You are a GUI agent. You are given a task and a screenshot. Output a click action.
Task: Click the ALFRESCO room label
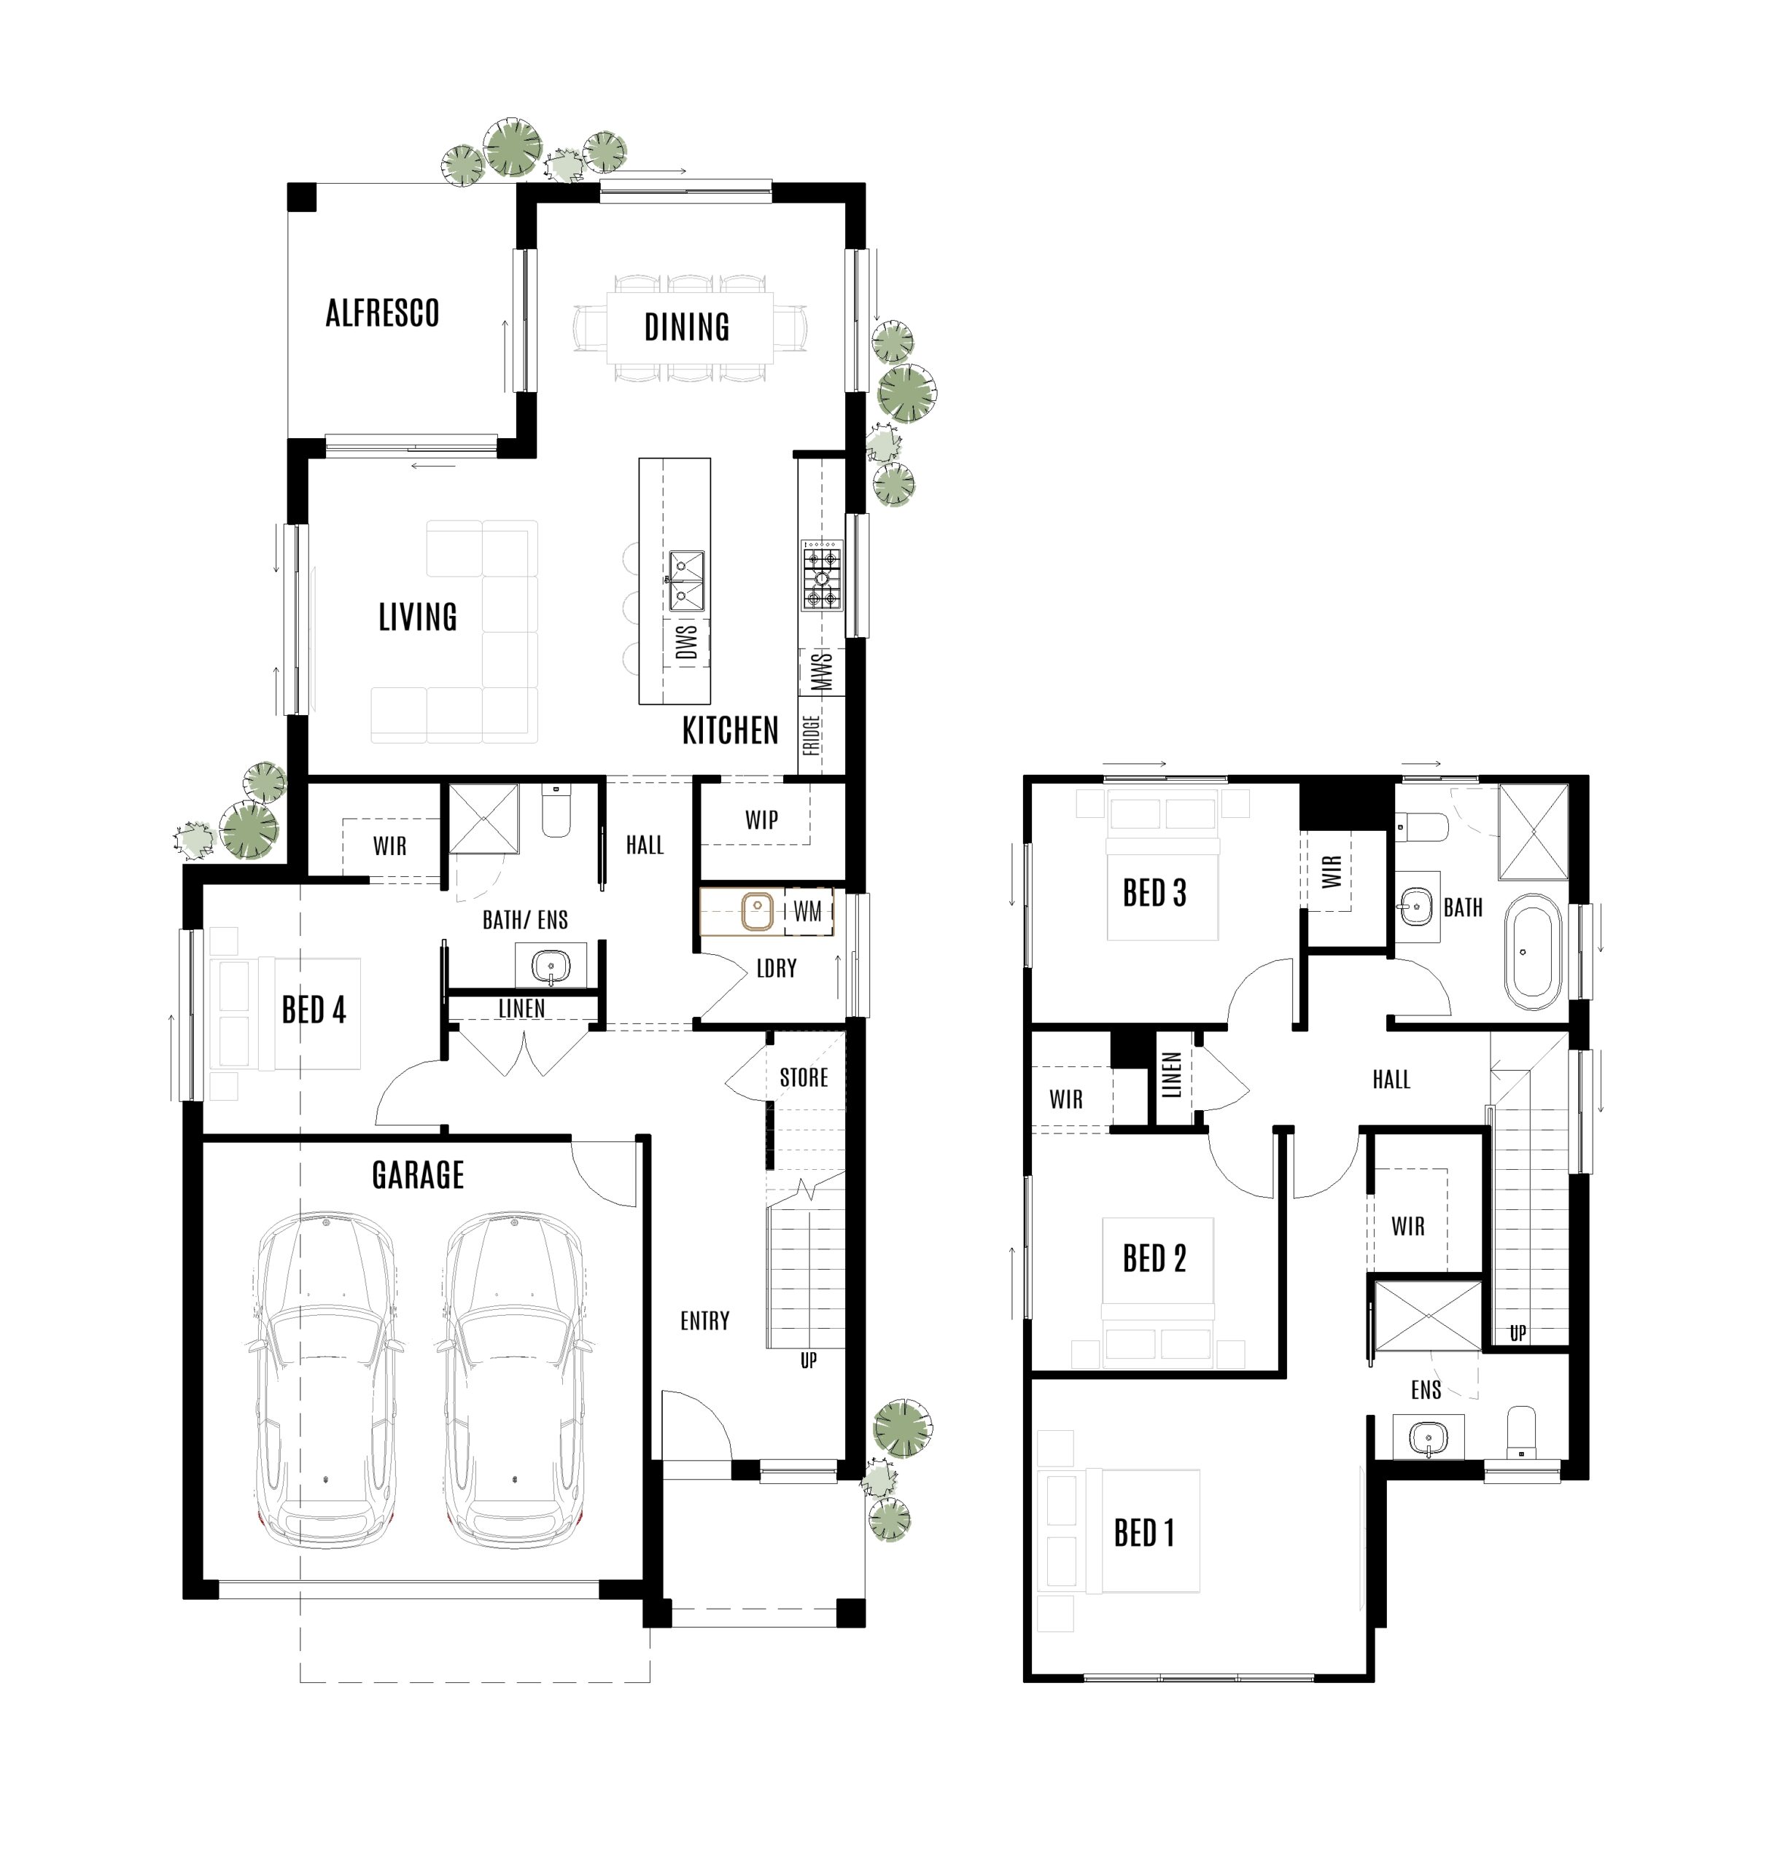pyautogui.click(x=383, y=313)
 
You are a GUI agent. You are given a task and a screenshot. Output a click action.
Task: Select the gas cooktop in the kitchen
pyautogui.click(x=821, y=576)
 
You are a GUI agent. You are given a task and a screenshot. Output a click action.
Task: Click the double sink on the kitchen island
pyautogui.click(x=687, y=582)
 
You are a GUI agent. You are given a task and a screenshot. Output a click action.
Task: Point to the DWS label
pyautogui.click(x=687, y=642)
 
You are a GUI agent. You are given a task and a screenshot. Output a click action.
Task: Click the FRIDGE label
pyautogui.click(x=810, y=735)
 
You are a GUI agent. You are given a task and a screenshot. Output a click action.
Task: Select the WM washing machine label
pyautogui.click(x=807, y=911)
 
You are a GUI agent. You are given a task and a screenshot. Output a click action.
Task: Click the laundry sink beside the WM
pyautogui.click(x=757, y=912)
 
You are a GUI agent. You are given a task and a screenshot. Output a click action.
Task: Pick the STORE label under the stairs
pyautogui.click(x=803, y=1077)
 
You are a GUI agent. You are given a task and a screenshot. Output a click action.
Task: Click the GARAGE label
pyautogui.click(x=418, y=1176)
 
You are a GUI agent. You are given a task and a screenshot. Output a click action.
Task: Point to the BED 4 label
pyautogui.click(x=314, y=1010)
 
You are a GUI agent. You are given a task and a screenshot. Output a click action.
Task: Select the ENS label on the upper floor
pyautogui.click(x=1426, y=1390)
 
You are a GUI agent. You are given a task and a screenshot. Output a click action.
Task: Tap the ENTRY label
pyautogui.click(x=704, y=1321)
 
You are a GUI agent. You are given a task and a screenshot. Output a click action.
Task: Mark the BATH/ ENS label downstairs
pyautogui.click(x=525, y=920)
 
